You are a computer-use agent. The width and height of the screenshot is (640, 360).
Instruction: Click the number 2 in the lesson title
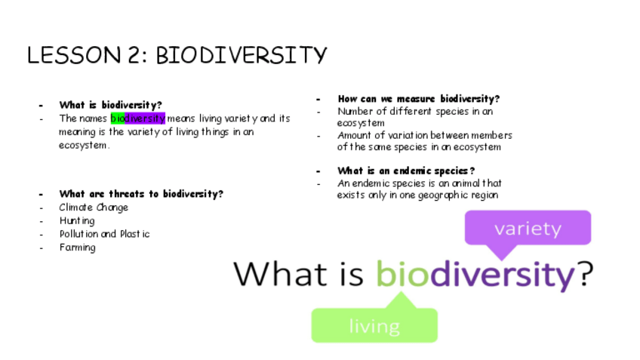pos(134,55)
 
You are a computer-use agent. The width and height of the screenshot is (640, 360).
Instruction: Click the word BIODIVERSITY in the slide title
pos(242,55)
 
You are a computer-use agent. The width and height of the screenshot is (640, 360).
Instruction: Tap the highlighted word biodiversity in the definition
pos(138,118)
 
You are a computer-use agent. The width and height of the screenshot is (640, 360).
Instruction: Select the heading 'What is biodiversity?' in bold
pos(111,105)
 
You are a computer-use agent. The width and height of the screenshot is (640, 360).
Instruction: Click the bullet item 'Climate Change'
pos(94,208)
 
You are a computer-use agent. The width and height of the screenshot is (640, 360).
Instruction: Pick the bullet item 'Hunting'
pos(77,221)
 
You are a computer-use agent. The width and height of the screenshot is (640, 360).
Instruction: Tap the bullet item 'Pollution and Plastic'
pos(104,234)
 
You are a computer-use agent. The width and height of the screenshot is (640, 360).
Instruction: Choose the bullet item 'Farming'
pos(78,248)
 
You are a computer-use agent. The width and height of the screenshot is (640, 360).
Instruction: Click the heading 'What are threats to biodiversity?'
pos(141,193)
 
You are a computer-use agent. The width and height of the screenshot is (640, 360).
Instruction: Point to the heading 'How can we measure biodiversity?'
pos(419,99)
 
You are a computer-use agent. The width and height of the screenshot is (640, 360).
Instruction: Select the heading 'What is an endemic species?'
pos(406,171)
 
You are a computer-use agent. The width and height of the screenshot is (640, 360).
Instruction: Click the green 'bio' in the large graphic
pos(402,273)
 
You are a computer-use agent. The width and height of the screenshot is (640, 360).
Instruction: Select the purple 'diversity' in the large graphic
pos(503,275)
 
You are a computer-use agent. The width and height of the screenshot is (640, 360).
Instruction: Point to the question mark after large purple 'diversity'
pos(586,273)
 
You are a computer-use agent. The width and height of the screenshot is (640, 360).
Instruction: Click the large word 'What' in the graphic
pos(280,273)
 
